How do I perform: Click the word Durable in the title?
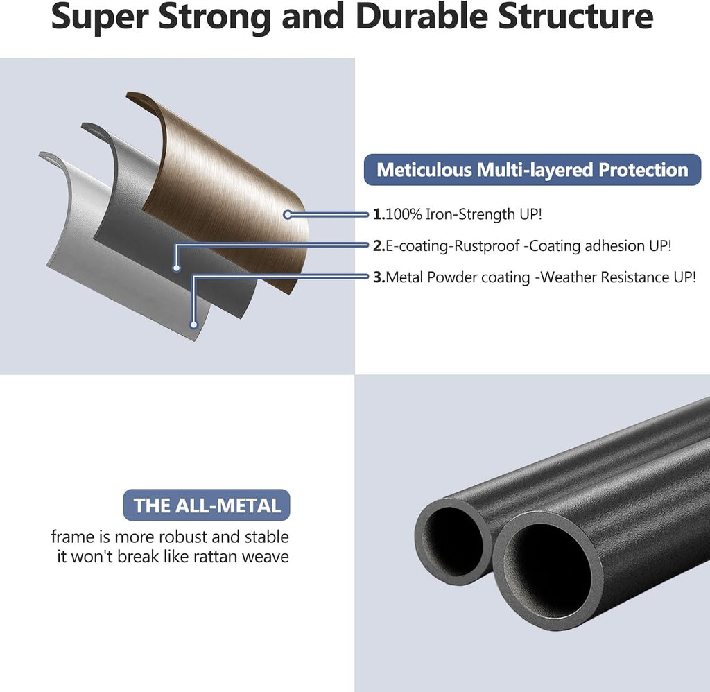coord(422,16)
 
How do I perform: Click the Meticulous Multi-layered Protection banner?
coord(532,169)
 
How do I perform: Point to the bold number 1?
coord(379,214)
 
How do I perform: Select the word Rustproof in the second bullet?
coord(487,246)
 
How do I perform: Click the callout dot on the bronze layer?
coord(288,215)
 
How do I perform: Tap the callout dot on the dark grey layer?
coord(177,268)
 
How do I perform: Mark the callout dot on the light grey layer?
coord(194,325)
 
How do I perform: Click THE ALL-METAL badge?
coord(207,505)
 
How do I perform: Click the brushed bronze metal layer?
coord(227,190)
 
